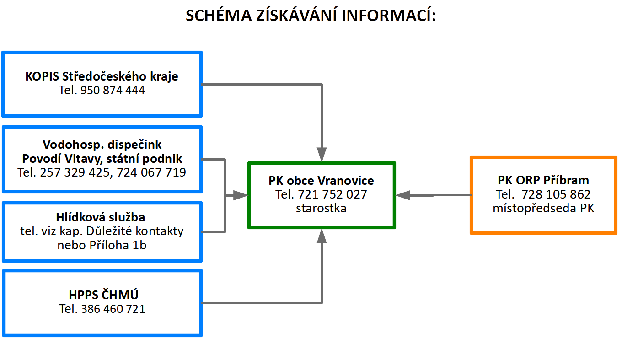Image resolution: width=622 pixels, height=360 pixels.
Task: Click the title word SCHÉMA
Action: [x=219, y=15]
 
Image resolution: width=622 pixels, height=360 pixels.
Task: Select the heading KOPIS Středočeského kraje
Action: [x=102, y=77]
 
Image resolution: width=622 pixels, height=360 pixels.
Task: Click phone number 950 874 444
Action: [x=113, y=91]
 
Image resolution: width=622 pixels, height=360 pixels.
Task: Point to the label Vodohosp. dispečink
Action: [x=102, y=145]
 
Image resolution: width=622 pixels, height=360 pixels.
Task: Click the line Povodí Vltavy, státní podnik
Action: [x=102, y=159]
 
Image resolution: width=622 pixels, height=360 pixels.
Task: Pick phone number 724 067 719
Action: [x=151, y=172]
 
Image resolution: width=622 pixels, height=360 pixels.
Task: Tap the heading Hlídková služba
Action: [x=101, y=217]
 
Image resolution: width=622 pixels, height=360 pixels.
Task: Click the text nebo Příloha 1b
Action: [x=102, y=245]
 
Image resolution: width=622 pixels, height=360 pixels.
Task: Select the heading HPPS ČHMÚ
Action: [x=103, y=295]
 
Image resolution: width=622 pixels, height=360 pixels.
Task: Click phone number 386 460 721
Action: [x=113, y=309]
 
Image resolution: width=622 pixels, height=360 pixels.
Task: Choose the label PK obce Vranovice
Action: [x=321, y=181]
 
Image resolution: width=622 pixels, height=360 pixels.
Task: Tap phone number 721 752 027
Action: [x=332, y=194]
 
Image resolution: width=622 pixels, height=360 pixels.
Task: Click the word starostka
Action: [x=321, y=208]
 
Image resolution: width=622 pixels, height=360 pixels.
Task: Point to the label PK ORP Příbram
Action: [x=543, y=181]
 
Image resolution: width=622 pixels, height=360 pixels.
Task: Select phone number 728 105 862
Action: [x=556, y=194]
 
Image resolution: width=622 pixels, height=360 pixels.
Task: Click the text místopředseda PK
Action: [x=543, y=208]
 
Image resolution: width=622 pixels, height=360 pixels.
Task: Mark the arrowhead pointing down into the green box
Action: [x=322, y=155]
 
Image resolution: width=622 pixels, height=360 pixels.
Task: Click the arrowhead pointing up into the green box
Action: [x=322, y=236]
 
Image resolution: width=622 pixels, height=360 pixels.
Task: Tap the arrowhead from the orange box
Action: [x=403, y=195]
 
